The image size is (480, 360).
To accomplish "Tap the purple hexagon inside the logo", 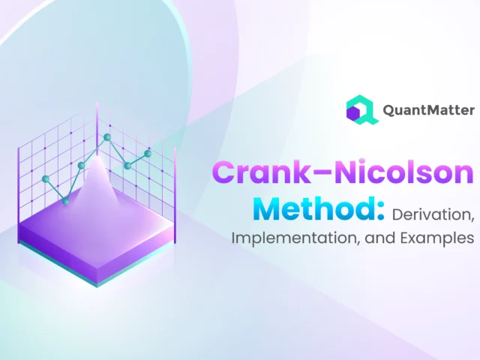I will (x=353, y=112).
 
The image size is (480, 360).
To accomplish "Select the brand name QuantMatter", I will (x=427, y=110).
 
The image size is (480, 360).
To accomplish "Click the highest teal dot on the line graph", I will (x=107, y=137).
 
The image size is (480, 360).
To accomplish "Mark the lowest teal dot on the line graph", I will (x=66, y=201).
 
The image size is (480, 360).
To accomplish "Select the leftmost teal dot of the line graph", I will (x=46, y=179).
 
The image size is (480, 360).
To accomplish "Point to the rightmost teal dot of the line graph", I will (x=148, y=153).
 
